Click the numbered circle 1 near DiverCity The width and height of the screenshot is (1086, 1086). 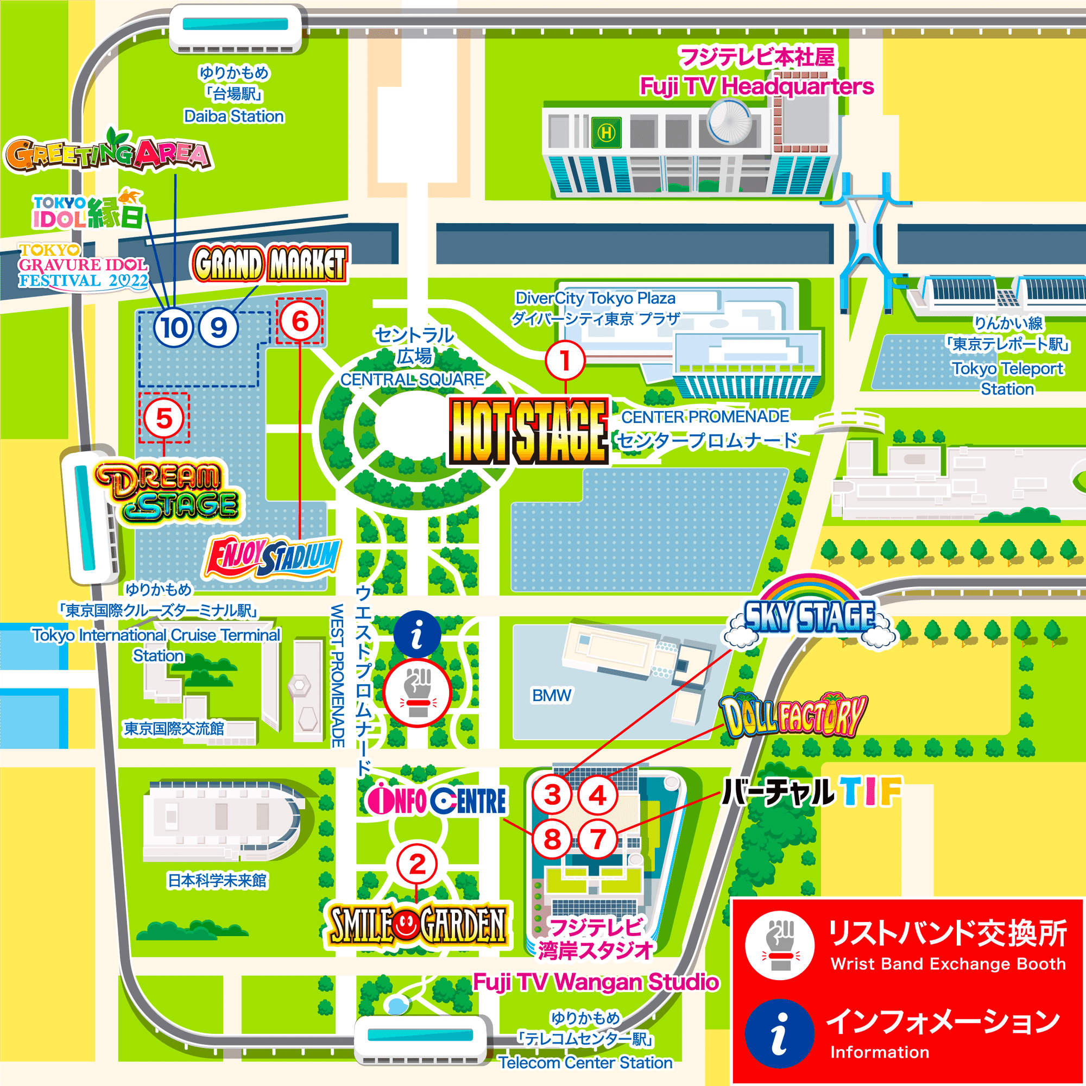[565, 361]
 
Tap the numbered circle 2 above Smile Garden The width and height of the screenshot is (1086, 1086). [416, 864]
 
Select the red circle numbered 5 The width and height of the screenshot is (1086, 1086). [163, 418]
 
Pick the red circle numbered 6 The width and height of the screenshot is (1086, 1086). [300, 321]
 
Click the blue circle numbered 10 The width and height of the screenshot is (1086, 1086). [174, 328]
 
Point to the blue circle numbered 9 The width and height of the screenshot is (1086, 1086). [219, 328]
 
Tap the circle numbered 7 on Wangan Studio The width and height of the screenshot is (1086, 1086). [597, 840]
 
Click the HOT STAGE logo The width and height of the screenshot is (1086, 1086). [528, 432]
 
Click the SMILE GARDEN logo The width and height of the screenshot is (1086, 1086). [417, 925]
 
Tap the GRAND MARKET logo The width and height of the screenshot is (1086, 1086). [270, 264]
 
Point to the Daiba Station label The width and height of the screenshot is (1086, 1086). [234, 116]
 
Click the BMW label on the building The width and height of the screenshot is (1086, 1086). [552, 696]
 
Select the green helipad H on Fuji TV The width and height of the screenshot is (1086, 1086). [606, 132]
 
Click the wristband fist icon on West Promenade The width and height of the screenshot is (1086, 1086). [417, 693]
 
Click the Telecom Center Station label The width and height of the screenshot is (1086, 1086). [585, 1063]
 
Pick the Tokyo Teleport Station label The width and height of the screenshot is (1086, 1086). [1007, 378]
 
